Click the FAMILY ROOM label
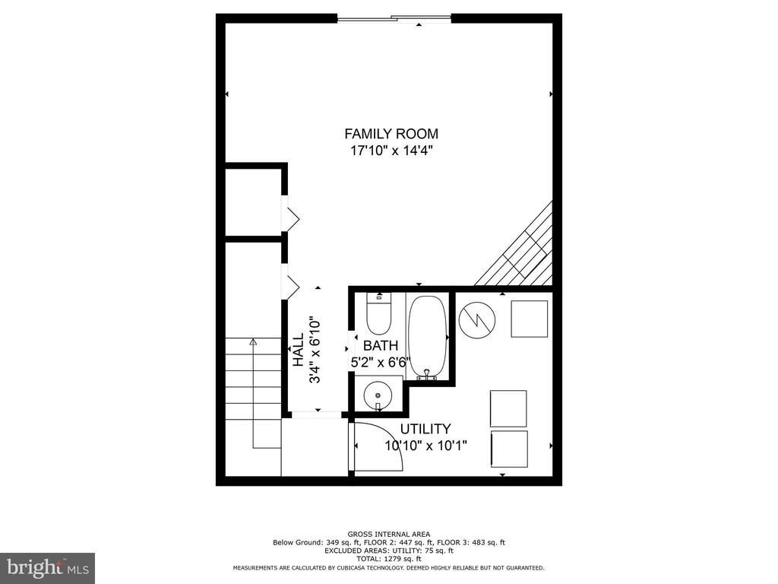coord(391,134)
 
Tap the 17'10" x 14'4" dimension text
coord(392,150)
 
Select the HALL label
coord(298,350)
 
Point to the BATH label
coord(381,346)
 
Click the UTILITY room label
coord(425,429)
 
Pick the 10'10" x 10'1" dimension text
coord(426,446)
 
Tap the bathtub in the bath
coord(427,338)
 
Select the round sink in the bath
coord(378,395)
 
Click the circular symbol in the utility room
coord(477,320)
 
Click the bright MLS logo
coord(48,567)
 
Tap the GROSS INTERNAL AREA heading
coord(389,535)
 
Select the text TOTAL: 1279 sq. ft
coord(389,559)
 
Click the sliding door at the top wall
coord(394,19)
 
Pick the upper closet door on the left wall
coord(291,214)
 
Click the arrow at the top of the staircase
coord(254,341)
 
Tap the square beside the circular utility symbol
coord(530,319)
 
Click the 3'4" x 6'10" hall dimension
coord(315,350)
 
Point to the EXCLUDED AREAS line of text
coord(389,551)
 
